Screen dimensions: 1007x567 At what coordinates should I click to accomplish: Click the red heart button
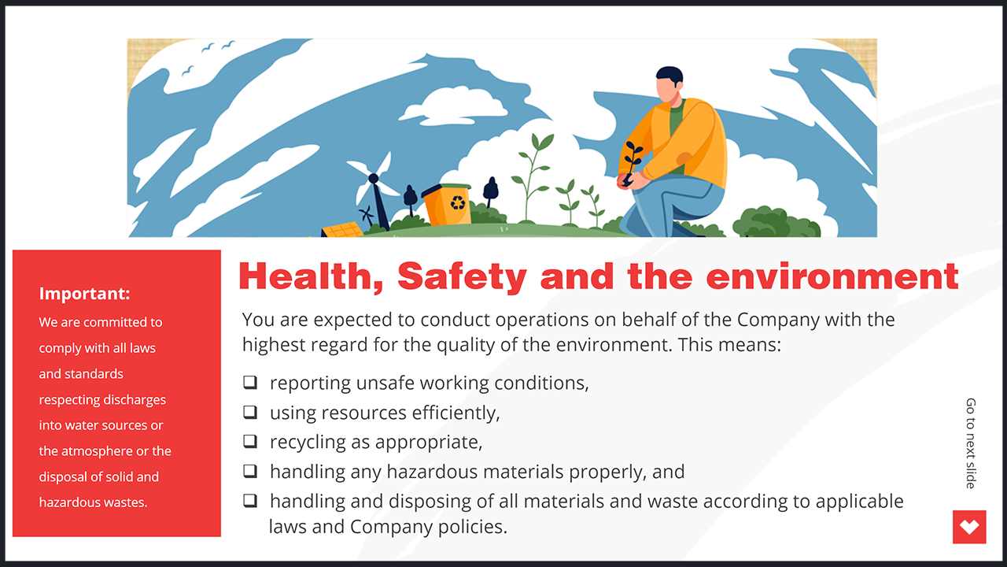[x=969, y=527]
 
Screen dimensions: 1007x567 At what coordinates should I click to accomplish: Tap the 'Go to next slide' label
[x=971, y=443]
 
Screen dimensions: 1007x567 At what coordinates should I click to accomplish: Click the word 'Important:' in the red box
[x=84, y=294]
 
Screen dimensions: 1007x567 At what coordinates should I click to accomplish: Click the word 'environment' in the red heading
[x=832, y=276]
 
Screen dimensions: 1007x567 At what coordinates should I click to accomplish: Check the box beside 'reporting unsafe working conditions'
[x=250, y=383]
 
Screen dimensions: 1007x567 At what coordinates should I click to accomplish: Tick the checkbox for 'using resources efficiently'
[x=250, y=412]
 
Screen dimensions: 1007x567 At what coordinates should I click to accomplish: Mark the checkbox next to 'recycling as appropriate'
[x=250, y=442]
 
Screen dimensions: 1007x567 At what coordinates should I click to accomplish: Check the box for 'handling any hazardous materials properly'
[x=250, y=471]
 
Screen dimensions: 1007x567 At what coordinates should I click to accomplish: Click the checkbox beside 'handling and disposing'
[x=250, y=501]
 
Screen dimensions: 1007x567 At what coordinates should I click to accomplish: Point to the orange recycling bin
[x=448, y=204]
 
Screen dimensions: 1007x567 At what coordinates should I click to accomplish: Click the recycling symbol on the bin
[x=458, y=203]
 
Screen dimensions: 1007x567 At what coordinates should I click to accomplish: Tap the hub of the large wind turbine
[x=373, y=179]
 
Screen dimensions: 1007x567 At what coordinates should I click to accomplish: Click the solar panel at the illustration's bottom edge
[x=342, y=230]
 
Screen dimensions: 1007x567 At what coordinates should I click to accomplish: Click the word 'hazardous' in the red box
[x=64, y=502]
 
